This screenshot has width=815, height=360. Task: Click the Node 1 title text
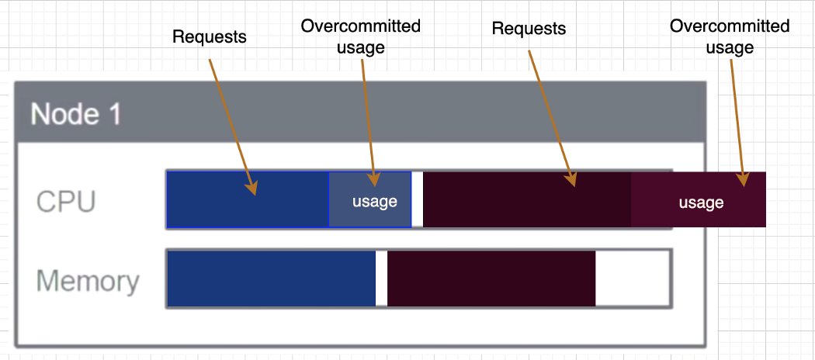76,114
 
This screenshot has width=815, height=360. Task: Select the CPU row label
66,202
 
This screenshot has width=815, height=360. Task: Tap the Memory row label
88,281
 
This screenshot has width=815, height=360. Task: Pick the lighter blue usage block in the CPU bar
370,200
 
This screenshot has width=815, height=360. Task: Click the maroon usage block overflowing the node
699,200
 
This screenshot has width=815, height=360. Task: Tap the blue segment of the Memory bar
271,279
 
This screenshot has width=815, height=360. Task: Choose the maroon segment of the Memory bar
491,279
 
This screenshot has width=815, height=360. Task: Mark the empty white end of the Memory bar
632,279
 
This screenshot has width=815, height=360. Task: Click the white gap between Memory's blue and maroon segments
381,279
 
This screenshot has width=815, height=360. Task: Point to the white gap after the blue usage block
417,200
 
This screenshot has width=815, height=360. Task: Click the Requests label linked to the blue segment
209,36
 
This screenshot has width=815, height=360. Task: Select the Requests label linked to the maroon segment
529,29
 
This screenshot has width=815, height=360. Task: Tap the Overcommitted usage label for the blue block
361,36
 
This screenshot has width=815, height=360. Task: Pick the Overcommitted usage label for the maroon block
730,36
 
